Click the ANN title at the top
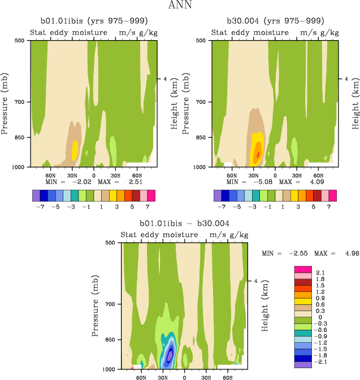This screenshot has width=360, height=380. [180, 5]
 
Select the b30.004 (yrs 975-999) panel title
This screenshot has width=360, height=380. [275, 21]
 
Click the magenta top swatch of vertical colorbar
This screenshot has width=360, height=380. [303, 269]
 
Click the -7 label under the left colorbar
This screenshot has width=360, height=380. [40, 207]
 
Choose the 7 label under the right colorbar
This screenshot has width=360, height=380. [333, 207]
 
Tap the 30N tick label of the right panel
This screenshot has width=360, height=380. [253, 175]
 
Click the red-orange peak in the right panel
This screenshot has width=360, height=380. [258, 154]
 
